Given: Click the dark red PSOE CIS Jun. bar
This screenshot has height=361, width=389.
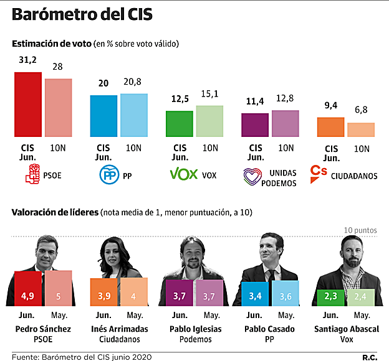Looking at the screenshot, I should pos(28,105).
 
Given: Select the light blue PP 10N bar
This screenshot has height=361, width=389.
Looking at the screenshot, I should pos(133,115).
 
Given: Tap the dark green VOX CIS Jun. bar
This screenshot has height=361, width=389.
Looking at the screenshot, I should pos(179,124).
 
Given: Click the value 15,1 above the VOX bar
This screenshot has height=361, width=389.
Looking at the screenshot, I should pos(209,95).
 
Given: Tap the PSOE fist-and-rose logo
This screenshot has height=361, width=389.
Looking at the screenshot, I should pos(31,175).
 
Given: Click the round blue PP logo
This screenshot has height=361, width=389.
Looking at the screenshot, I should pos(110,176).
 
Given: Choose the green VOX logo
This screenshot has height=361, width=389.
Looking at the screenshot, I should pos(184,174).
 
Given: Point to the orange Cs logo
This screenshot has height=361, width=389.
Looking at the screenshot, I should pos(319,172).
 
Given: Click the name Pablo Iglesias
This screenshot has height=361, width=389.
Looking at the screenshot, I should pos(194,329).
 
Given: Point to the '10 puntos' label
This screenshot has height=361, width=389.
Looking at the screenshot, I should pos(360,230).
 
